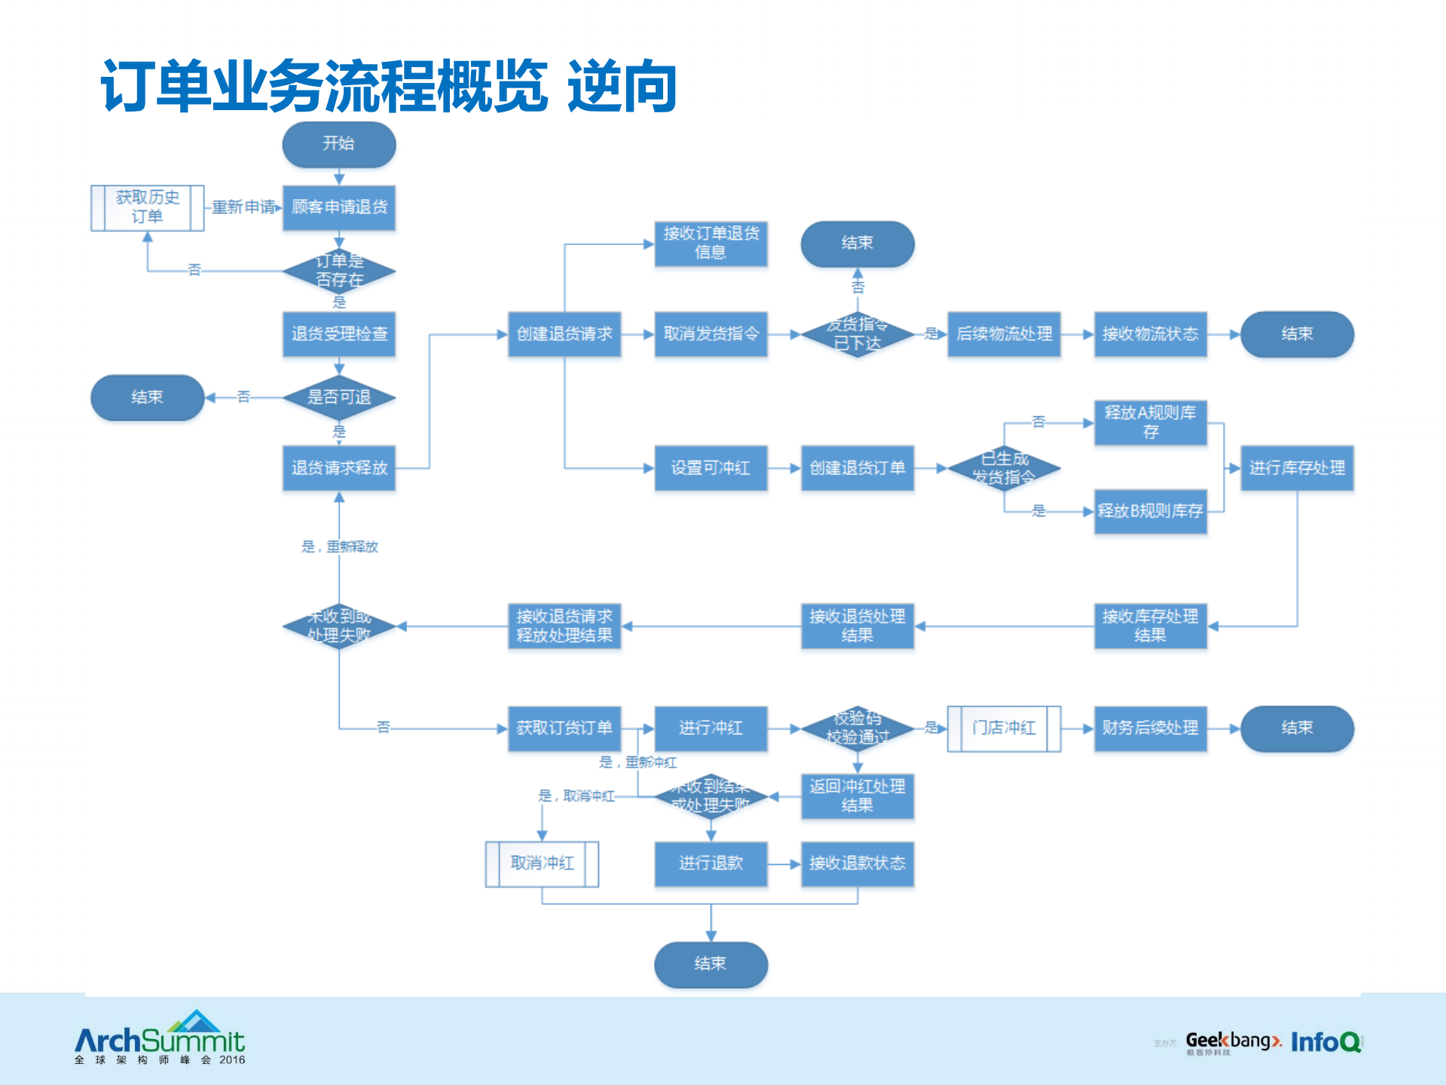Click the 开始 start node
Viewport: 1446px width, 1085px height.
point(339,144)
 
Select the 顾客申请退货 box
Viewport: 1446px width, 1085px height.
point(339,207)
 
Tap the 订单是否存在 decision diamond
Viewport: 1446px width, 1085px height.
point(339,271)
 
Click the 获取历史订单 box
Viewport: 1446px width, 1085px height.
point(147,207)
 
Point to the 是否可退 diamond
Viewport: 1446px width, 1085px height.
point(339,397)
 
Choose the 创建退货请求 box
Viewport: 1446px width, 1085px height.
point(564,334)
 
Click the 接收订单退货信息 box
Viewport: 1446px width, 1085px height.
point(711,243)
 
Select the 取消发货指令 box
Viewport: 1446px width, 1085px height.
point(711,334)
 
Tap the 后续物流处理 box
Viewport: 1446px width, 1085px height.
point(1004,334)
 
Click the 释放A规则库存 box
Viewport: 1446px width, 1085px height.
point(1150,422)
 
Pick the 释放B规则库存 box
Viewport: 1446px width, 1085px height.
point(1150,511)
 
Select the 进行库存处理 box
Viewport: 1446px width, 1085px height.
point(1297,468)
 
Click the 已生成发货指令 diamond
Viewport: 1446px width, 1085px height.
point(1004,468)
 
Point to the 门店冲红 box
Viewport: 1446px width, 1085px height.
point(1004,728)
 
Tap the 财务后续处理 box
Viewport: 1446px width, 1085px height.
point(1150,728)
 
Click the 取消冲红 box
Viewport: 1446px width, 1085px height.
point(542,863)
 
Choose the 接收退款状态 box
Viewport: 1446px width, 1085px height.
point(857,863)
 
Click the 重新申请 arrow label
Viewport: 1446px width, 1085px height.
point(243,207)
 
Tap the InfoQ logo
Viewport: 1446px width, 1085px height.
point(1325,1042)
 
